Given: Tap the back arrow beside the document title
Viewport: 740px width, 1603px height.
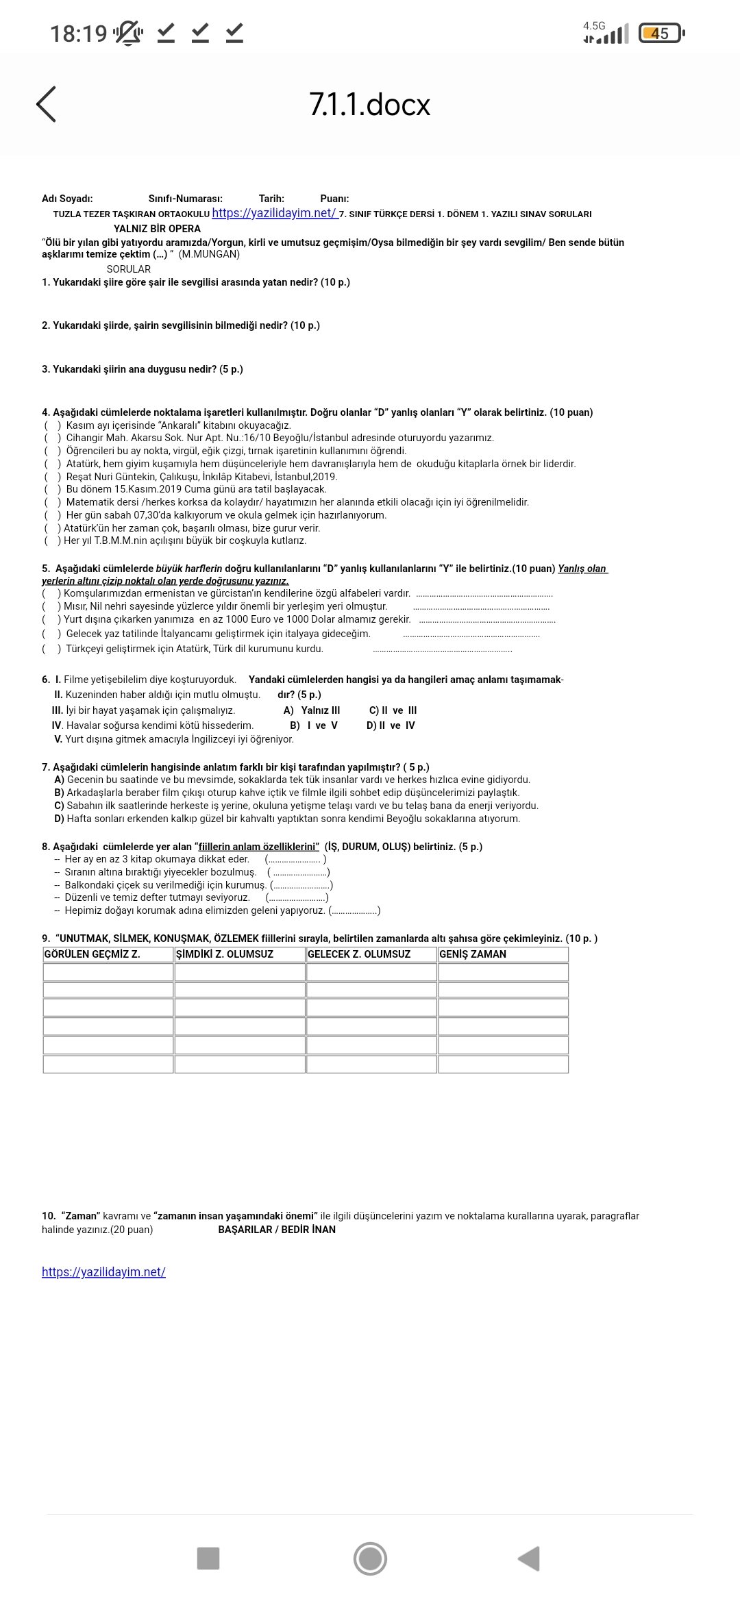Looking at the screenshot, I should (x=46, y=105).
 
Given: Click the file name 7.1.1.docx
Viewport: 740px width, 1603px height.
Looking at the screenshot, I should (x=369, y=105).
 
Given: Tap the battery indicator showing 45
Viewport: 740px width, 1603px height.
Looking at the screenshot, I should (x=660, y=33).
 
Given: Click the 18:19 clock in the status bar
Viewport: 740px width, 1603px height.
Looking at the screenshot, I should (x=78, y=33).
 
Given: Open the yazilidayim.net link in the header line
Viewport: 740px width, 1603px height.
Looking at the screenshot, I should (x=275, y=213).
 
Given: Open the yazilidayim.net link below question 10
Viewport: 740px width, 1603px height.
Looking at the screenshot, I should (x=103, y=1272).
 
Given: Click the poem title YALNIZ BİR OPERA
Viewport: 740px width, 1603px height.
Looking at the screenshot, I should (x=157, y=229).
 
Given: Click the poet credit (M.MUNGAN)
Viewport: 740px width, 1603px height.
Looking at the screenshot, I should (x=209, y=254).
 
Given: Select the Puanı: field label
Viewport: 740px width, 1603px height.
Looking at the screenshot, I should (x=334, y=199).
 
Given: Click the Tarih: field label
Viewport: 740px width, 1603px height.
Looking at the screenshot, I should (x=271, y=199).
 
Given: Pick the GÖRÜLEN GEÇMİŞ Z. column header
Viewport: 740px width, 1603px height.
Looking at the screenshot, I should (x=92, y=954).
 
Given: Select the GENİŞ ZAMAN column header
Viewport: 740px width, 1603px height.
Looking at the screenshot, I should (x=473, y=954).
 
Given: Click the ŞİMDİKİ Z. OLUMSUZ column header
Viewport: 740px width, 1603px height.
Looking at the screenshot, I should (x=225, y=954).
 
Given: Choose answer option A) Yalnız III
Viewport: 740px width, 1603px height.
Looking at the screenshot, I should (x=312, y=710).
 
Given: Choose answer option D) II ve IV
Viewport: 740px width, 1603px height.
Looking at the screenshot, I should (x=391, y=725).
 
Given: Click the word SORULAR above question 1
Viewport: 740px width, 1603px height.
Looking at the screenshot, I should (x=128, y=269).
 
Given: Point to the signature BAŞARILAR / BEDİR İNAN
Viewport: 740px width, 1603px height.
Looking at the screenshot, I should (x=277, y=1230).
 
